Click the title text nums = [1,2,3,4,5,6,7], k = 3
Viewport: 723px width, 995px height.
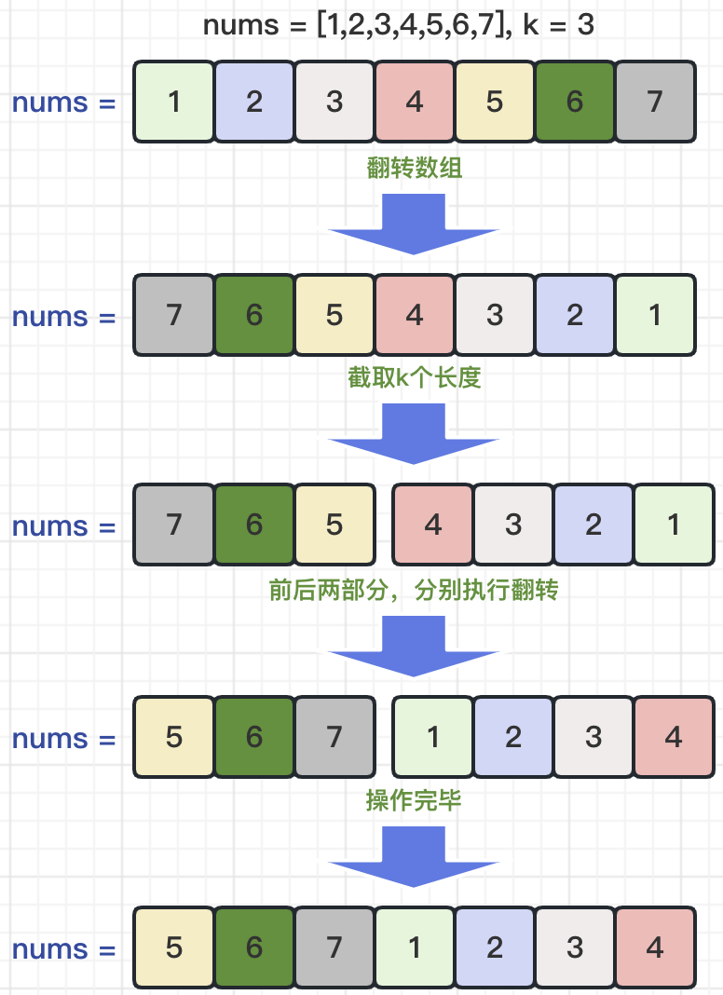tap(399, 25)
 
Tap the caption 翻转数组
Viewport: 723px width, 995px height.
tap(415, 168)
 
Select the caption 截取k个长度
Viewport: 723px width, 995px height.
tap(415, 378)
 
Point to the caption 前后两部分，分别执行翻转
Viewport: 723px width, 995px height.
tap(414, 590)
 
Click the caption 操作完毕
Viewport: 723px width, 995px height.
tap(414, 800)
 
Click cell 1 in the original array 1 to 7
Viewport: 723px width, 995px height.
tap(174, 102)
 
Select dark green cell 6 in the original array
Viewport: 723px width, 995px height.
tap(575, 102)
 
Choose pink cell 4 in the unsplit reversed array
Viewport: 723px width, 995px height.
tap(415, 315)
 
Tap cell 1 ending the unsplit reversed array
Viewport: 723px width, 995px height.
tap(655, 315)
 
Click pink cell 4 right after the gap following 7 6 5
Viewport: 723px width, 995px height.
tap(433, 525)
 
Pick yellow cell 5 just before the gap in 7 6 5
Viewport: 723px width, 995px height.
tap(334, 525)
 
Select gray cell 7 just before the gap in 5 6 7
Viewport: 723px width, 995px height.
tap(334, 737)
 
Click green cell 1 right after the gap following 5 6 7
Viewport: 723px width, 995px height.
tap(433, 737)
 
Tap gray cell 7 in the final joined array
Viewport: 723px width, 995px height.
tap(334, 948)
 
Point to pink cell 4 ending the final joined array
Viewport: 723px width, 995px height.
tap(655, 948)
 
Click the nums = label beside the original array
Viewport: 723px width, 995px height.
tap(63, 102)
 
